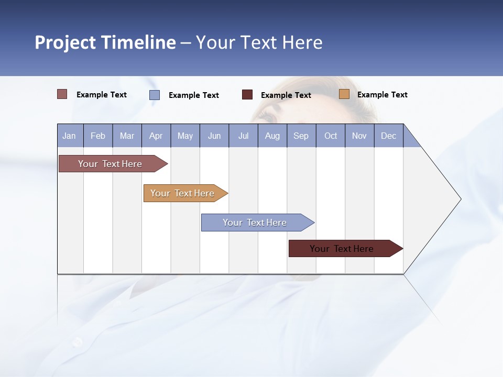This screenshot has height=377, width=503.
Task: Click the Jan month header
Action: pos(70,136)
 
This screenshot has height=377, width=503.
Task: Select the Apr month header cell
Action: pos(156,136)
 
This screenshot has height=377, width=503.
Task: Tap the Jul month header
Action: pos(243,136)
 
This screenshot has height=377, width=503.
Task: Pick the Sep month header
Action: pos(301,136)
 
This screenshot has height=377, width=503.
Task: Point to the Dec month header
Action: pos(388,136)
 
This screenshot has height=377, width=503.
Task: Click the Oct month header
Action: pos(331,136)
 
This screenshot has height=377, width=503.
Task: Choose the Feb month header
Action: pos(98,136)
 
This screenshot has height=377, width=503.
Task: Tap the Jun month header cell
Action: pos(214,136)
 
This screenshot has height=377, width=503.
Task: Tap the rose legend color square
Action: pos(62,94)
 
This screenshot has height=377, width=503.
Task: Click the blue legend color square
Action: pos(155,95)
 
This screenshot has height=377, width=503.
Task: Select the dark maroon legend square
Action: pos(247,95)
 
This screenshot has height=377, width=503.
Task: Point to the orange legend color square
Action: pos(344,94)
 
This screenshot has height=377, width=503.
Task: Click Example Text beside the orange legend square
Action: pos(382,95)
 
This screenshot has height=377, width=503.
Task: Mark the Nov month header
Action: pos(359,136)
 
